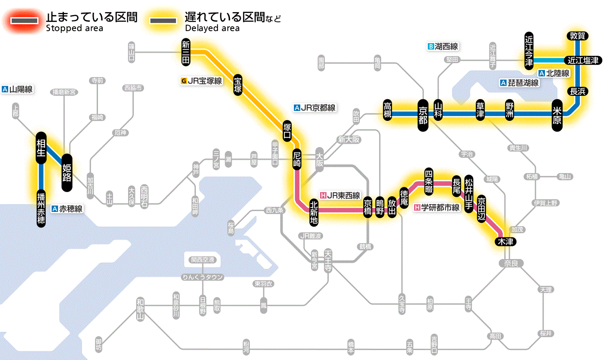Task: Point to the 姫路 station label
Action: coord(67,173)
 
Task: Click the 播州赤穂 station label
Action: coord(41,208)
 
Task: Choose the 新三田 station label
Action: coord(186,52)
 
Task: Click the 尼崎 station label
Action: coord(296,159)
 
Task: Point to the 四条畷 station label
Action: coord(428,180)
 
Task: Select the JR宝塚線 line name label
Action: coord(201,81)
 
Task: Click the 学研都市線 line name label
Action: coord(437,208)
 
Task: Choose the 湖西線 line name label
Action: coord(443,46)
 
